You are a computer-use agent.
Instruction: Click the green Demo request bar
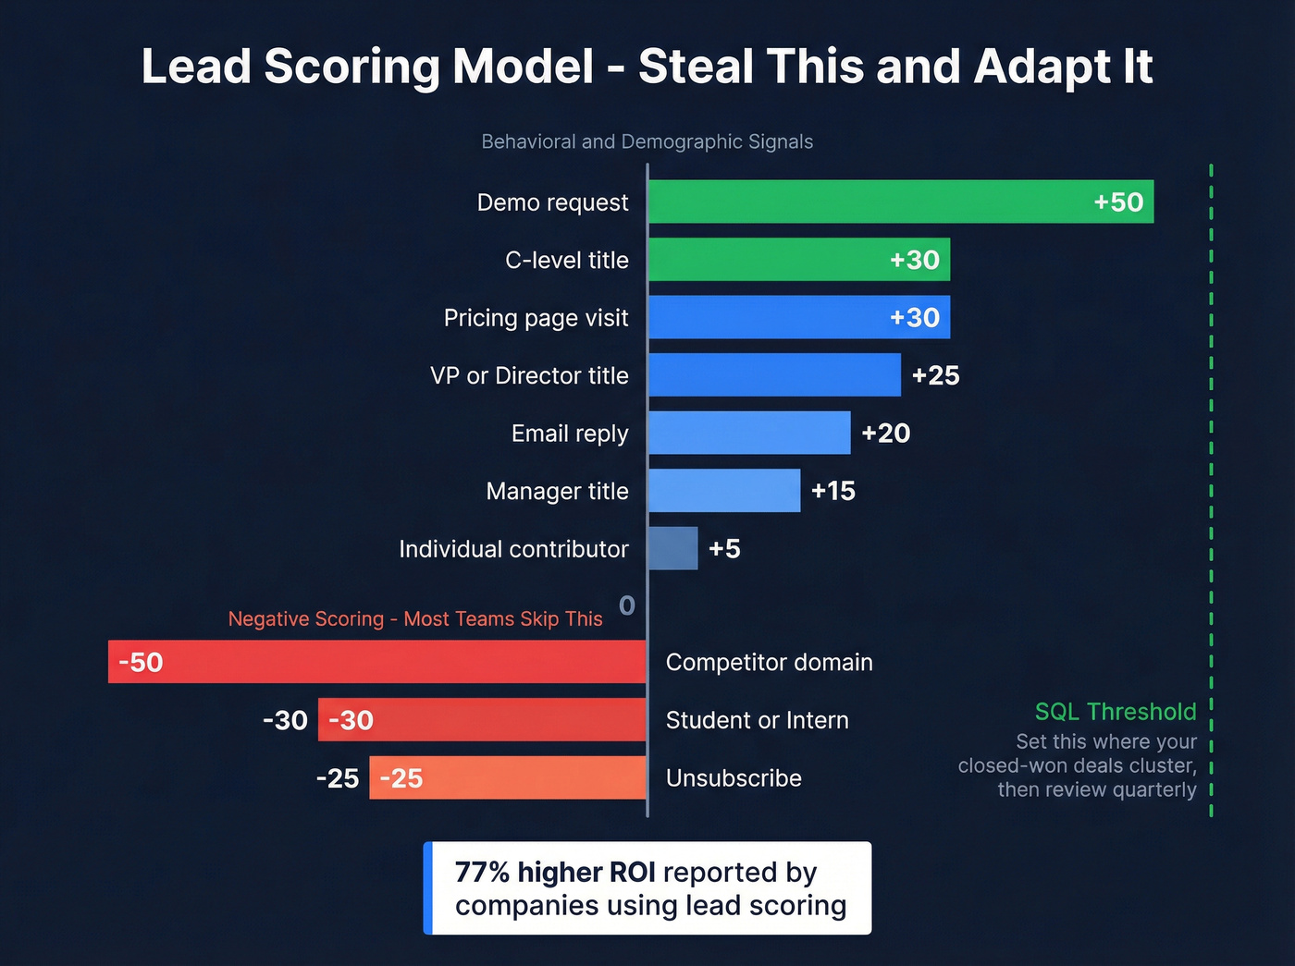click(869, 202)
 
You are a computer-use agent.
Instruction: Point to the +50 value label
click(1118, 202)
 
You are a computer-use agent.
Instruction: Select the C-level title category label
click(566, 260)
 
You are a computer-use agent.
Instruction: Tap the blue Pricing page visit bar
click(768, 317)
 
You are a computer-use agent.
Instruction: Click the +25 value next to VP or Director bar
click(935, 375)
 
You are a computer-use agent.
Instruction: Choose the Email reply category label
click(569, 434)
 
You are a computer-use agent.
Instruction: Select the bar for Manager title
click(723, 491)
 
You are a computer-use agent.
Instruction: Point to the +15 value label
click(832, 491)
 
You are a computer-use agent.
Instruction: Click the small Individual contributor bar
click(672, 548)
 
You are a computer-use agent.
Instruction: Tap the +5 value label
click(724, 548)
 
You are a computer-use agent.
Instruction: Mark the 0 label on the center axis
click(626, 605)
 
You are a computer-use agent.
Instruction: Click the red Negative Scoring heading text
click(414, 618)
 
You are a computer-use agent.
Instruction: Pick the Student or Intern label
click(757, 720)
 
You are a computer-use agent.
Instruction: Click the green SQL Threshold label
click(1115, 711)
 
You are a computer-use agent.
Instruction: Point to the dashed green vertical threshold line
click(1211, 462)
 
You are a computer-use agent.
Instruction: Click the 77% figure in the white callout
click(482, 872)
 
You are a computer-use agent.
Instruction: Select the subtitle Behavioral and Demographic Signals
click(647, 141)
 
